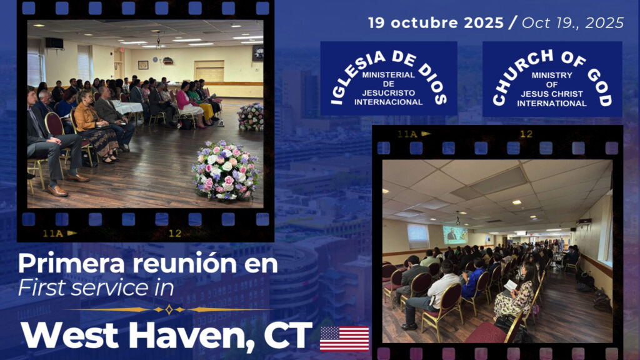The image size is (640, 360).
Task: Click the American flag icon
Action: tap(344, 338)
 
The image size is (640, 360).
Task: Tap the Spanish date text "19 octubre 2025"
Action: tap(436, 23)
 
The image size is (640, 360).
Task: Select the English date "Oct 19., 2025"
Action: tap(572, 23)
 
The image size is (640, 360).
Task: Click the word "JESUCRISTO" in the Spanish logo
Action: tap(389, 92)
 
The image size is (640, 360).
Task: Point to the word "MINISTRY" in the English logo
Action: tap(552, 75)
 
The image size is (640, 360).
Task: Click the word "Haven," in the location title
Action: tap(191, 336)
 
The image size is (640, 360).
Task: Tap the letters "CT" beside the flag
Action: tap(287, 335)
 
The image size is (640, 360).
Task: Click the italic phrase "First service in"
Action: tap(96, 287)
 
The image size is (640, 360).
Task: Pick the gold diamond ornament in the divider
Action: tap(169, 310)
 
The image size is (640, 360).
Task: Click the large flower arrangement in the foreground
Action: tap(226, 171)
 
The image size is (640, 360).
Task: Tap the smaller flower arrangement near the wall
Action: tap(251, 117)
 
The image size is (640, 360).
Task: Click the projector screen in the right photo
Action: tap(455, 235)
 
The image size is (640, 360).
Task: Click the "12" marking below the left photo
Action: tap(175, 234)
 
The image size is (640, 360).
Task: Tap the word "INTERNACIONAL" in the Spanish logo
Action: tap(389, 102)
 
